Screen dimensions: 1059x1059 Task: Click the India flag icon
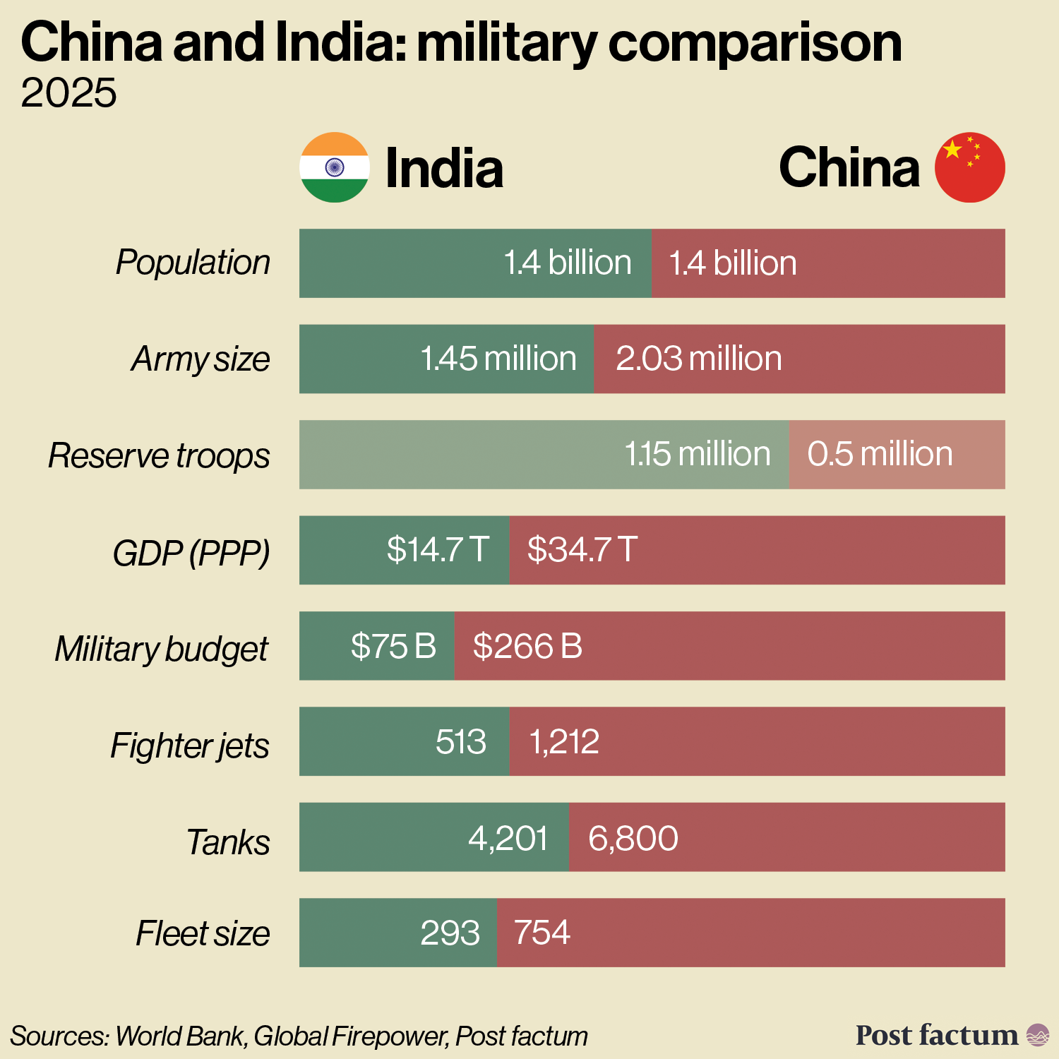coord(335,167)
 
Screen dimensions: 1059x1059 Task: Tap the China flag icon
coord(969,167)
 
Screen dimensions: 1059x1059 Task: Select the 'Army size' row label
coord(201,359)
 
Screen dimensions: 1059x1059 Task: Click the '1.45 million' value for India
coord(498,359)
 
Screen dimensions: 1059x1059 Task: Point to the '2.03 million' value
coord(699,359)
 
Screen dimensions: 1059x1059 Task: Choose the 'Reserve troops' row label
coord(159,455)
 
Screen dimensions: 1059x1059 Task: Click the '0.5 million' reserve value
coord(880,454)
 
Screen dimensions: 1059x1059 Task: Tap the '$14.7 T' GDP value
coord(438,549)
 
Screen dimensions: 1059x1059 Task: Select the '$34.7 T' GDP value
coord(582,549)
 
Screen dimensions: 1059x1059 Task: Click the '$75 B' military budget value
coord(393,646)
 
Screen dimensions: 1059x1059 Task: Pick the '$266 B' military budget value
coord(527,646)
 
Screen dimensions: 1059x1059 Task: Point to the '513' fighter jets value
coord(461,742)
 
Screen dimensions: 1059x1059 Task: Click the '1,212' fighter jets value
coord(564,742)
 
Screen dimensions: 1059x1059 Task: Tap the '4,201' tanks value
coord(508,838)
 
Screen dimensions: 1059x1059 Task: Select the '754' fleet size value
coord(542,933)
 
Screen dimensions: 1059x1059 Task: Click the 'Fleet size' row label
coord(203,933)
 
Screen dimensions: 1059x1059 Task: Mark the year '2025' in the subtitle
coord(68,93)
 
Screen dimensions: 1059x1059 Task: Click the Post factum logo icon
coord(1038,1035)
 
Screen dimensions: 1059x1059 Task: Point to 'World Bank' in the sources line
coord(180,1036)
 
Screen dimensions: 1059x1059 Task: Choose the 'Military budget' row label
coord(162,649)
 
